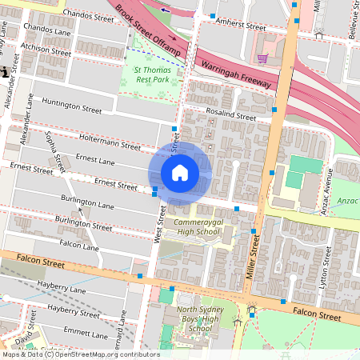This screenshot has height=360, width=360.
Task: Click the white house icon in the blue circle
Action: click(x=180, y=173)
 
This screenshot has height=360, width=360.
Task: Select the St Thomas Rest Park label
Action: click(x=150, y=74)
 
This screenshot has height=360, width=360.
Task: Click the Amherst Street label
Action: click(x=243, y=26)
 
